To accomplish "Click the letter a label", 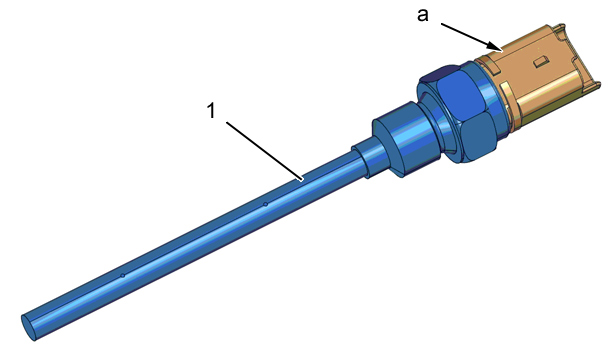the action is coord(423,15).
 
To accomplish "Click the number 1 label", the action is coord(211,111).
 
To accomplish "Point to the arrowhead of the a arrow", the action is coord(496,47).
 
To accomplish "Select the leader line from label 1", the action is coord(265,151).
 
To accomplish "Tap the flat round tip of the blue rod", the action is coord(28,328).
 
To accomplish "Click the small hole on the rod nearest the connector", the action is coord(266,204).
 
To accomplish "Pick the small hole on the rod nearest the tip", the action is coord(122,276).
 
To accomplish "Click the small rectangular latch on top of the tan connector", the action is coord(540,61).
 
